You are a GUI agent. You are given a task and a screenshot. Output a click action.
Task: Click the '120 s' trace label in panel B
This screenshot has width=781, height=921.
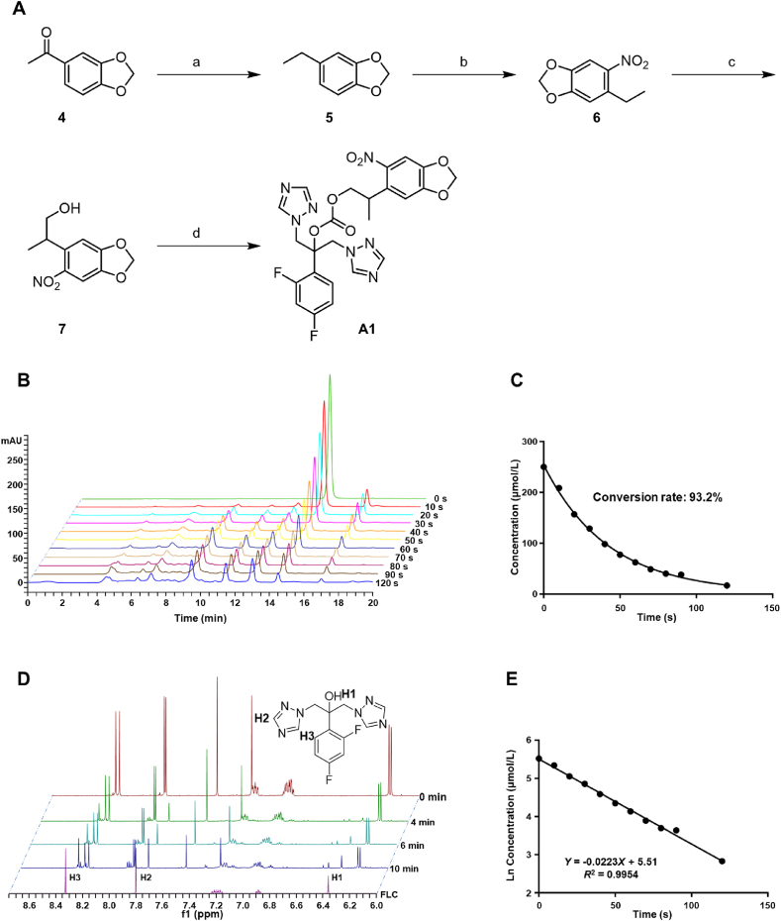point(364,585)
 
